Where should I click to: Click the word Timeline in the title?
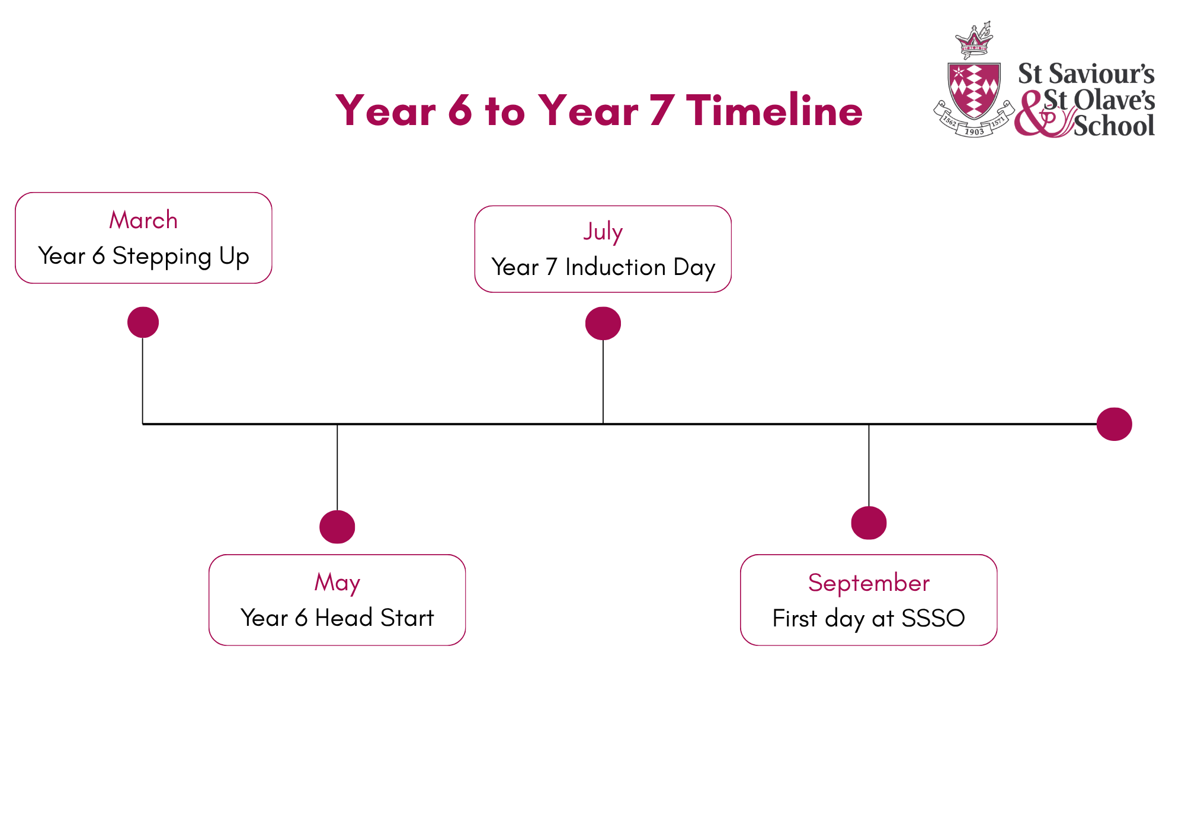[x=774, y=110]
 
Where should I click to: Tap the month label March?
[x=143, y=220]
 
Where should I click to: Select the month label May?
[x=337, y=583]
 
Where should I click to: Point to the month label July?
[x=603, y=232]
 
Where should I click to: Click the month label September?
[x=869, y=583]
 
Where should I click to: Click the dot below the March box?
[x=143, y=322]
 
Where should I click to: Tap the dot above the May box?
[x=337, y=527]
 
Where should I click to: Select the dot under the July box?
[x=603, y=324]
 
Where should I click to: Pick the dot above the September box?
[x=869, y=523]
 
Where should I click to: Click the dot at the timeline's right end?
[x=1114, y=424]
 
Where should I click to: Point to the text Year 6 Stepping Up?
[x=143, y=256]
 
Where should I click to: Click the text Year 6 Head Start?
[x=337, y=618]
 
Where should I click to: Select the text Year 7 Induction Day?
[x=603, y=267]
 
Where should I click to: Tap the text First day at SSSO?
[x=869, y=619]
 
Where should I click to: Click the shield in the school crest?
[x=975, y=90]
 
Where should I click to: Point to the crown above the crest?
[x=974, y=40]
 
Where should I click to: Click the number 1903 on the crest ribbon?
[x=975, y=132]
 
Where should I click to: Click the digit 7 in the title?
[x=662, y=110]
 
